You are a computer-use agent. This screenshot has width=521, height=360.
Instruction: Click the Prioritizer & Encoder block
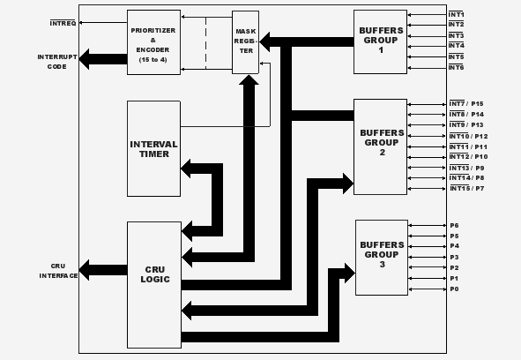[x=154, y=42]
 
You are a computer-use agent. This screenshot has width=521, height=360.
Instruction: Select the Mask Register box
[x=246, y=42]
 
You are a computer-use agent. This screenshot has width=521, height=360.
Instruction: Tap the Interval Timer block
[x=154, y=149]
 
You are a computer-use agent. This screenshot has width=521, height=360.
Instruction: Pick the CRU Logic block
[x=154, y=285]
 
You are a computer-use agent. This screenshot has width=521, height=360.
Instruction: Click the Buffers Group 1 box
[x=381, y=41]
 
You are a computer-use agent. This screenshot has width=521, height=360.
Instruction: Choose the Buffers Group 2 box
[x=381, y=146]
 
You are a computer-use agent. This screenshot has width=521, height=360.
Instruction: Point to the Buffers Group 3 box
[x=382, y=258]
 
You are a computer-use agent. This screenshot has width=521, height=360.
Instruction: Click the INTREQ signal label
[x=63, y=23]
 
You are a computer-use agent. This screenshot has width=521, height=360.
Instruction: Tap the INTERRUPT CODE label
[x=57, y=62]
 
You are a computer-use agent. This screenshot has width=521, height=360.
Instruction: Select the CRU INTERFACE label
[x=58, y=271]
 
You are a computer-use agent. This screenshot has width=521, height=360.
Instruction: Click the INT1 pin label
[x=457, y=14]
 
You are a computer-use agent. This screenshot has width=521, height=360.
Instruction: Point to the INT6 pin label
[x=457, y=68]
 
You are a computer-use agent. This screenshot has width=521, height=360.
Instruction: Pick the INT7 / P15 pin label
[x=466, y=104]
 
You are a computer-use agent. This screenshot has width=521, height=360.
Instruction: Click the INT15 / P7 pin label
[x=467, y=188]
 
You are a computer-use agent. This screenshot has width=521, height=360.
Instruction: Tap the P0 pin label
[x=455, y=289]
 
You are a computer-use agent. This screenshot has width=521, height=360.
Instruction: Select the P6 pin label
[x=455, y=226]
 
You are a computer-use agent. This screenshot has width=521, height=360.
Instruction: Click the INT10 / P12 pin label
[x=468, y=136]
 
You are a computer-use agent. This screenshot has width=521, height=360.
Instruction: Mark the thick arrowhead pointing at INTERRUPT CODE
[x=85, y=59]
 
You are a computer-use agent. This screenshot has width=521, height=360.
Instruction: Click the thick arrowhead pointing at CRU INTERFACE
[x=85, y=270]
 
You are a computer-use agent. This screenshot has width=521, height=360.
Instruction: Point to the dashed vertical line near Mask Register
[x=206, y=43]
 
